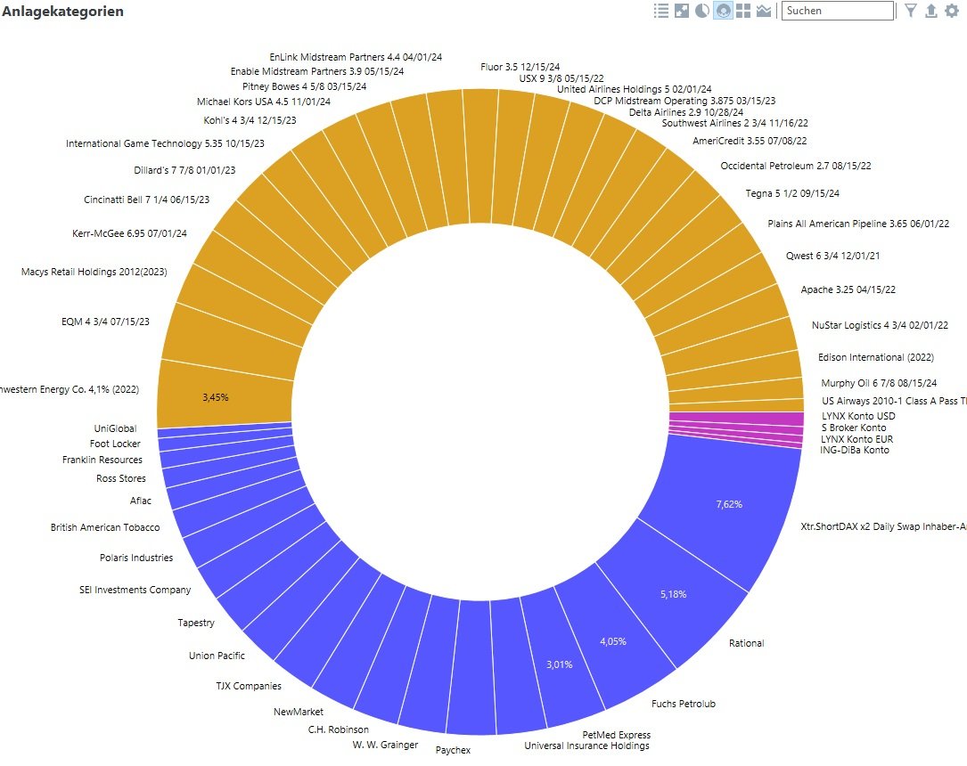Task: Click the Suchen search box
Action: click(837, 11)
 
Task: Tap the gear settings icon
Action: click(953, 11)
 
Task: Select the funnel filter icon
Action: click(910, 11)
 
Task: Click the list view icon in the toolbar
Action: click(661, 11)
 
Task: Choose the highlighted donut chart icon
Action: click(723, 11)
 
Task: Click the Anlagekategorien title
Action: click(62, 12)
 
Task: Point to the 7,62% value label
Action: click(729, 504)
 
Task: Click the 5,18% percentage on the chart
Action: click(675, 593)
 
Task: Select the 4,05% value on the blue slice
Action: click(613, 641)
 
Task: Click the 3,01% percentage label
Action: click(559, 664)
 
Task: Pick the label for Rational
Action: click(746, 643)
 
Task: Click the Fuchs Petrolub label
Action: click(684, 704)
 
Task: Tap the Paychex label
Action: click(453, 751)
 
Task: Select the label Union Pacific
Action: click(217, 656)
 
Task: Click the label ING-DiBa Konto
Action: click(855, 451)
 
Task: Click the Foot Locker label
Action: click(115, 444)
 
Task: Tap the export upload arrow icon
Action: click(931, 11)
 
